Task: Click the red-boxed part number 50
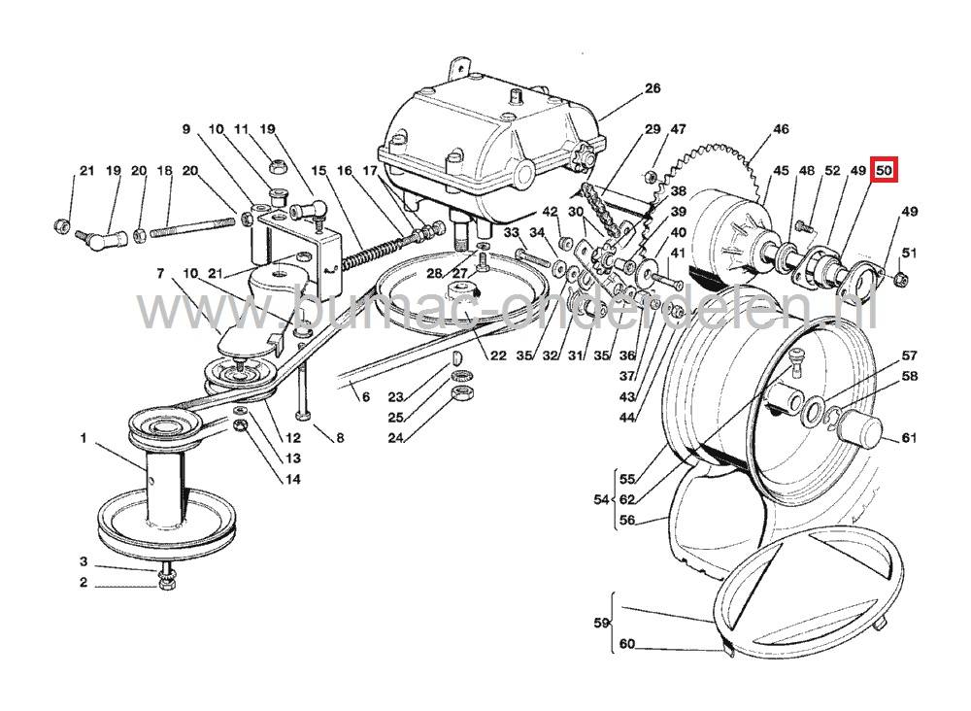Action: pos(884,170)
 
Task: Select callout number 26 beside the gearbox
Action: pos(652,88)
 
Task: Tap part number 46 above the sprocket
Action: pos(781,129)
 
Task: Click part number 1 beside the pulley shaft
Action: pos(84,439)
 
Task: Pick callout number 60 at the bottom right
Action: pos(626,644)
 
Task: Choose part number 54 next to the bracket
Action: pos(600,498)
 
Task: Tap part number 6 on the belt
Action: pos(366,396)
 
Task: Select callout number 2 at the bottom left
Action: pos(84,583)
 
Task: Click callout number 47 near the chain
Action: pos(678,129)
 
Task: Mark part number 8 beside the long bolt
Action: pos(340,438)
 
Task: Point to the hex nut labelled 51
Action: pos(900,280)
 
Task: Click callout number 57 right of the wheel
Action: pos(909,356)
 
